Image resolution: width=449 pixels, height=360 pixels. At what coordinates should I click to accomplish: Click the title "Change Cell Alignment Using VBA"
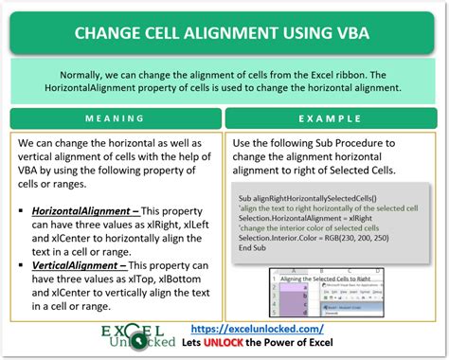click(224, 34)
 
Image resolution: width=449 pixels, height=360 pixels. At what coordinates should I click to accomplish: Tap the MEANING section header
click(115, 118)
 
